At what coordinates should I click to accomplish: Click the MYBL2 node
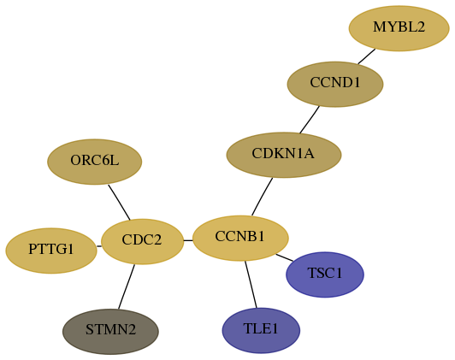coord(399,28)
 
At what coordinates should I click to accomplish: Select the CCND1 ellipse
coord(335,84)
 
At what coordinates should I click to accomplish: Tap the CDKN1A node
coord(284,155)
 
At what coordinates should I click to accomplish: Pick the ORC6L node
coord(95,162)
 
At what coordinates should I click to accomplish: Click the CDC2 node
coord(142,241)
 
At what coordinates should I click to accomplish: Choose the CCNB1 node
coord(240,239)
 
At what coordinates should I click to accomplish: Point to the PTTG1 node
coord(51,251)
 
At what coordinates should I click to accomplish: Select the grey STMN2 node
coord(110,332)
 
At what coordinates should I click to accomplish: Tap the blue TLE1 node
coord(261,331)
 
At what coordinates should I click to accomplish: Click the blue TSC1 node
coord(325,274)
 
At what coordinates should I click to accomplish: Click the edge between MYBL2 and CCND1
coord(367,56)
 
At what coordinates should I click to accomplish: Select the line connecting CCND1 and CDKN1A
coord(310,120)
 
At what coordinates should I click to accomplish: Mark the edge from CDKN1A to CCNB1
coord(262,197)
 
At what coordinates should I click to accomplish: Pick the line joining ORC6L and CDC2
coord(119,202)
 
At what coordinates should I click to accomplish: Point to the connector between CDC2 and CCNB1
coord(188,240)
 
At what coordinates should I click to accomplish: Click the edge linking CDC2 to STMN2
coord(127,286)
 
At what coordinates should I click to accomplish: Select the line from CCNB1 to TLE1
coord(251,284)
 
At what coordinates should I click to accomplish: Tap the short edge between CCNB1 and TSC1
coord(284,257)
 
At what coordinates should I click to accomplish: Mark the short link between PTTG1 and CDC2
coord(99,246)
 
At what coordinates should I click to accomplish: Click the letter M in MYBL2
coord(378,27)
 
